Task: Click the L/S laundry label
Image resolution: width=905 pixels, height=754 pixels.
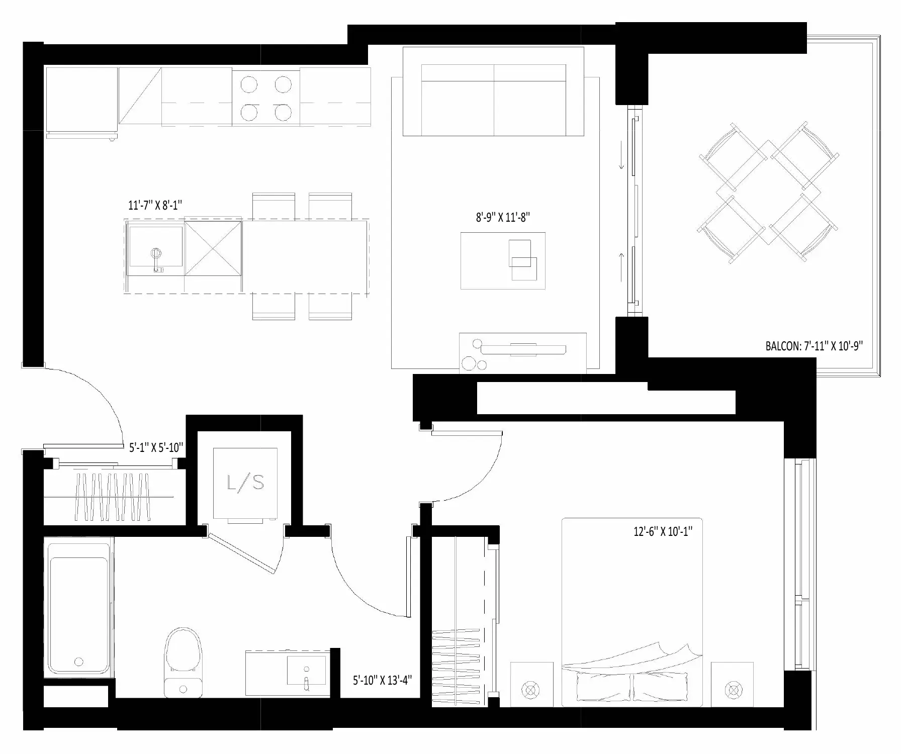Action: (x=245, y=483)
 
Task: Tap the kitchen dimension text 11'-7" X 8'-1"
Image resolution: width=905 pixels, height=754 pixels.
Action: (x=155, y=205)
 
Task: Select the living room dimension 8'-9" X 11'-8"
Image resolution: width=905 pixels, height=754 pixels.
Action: (x=503, y=217)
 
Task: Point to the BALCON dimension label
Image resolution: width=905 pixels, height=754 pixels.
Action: (x=814, y=346)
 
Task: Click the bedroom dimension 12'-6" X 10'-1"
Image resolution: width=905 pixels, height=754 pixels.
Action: (x=663, y=531)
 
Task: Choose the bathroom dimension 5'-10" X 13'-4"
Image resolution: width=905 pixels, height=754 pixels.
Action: (x=382, y=681)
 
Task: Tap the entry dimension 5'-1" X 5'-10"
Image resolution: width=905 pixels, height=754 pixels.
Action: (x=156, y=447)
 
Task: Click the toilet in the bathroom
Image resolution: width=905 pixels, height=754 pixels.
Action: (x=183, y=662)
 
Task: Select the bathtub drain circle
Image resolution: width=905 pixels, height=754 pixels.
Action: (x=78, y=662)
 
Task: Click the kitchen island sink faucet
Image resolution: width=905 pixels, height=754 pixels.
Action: (x=157, y=259)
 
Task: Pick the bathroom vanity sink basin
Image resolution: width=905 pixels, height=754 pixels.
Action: (x=306, y=670)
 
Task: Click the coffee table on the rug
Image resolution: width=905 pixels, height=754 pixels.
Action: (x=503, y=260)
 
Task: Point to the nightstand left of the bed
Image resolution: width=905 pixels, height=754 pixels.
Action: (x=531, y=684)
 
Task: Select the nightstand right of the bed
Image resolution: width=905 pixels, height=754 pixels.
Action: (x=732, y=684)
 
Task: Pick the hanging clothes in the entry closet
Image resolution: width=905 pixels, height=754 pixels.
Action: (x=113, y=497)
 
